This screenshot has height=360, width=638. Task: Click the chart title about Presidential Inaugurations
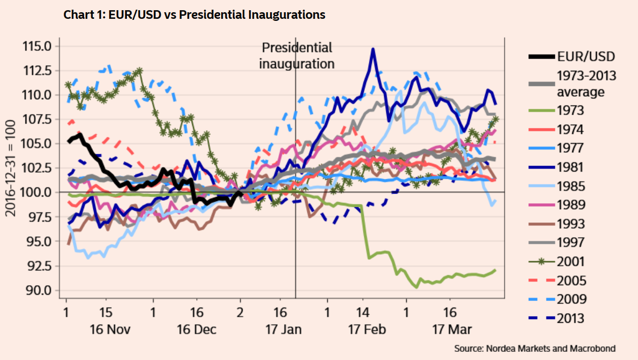tap(194, 15)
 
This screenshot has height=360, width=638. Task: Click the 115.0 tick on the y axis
tap(37, 46)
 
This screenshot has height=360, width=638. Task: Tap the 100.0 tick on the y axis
tap(37, 192)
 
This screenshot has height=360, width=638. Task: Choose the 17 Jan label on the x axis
tap(283, 329)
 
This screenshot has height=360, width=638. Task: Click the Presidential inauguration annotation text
tap(297, 56)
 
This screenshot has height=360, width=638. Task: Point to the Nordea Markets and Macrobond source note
tap(535, 349)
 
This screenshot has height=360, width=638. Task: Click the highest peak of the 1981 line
tap(373, 49)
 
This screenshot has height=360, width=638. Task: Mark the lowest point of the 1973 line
tap(417, 287)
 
